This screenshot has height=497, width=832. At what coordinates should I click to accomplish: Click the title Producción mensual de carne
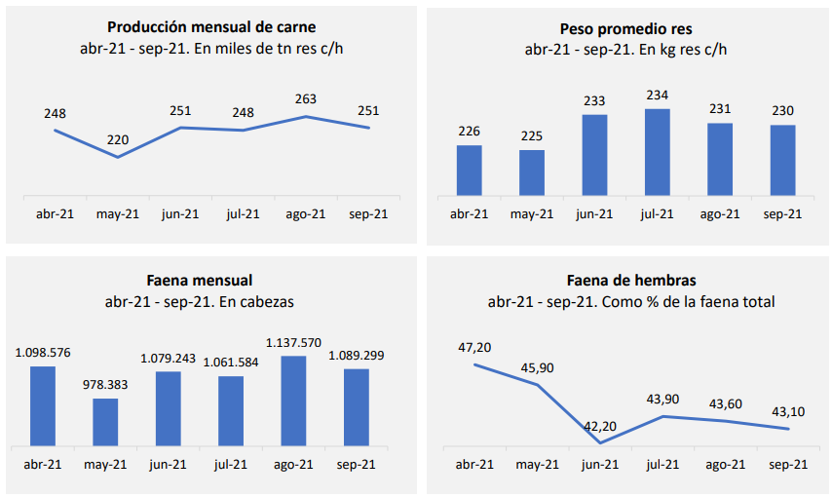(x=211, y=27)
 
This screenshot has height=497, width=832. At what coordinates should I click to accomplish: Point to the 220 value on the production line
(x=118, y=139)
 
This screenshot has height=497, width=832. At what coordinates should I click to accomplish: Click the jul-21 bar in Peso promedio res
(x=658, y=152)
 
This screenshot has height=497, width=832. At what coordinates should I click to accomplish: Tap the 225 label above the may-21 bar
(x=531, y=135)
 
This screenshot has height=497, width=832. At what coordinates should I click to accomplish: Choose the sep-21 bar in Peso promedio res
(x=782, y=160)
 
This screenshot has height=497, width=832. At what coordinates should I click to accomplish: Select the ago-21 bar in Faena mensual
(x=293, y=401)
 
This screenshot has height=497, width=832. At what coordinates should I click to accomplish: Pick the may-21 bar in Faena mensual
(x=105, y=421)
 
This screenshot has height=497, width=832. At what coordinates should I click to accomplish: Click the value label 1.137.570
(x=293, y=342)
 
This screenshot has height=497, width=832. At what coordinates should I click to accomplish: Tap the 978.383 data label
(x=105, y=385)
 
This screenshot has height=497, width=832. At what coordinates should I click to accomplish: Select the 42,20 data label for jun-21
(x=601, y=425)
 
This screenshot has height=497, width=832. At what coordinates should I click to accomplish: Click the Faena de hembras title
(x=631, y=281)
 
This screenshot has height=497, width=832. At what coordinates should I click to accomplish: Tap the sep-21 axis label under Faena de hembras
(x=788, y=465)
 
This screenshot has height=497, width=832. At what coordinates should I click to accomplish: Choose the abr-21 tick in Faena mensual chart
(x=43, y=465)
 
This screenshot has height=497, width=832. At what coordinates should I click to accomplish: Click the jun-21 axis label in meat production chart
(x=180, y=213)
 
